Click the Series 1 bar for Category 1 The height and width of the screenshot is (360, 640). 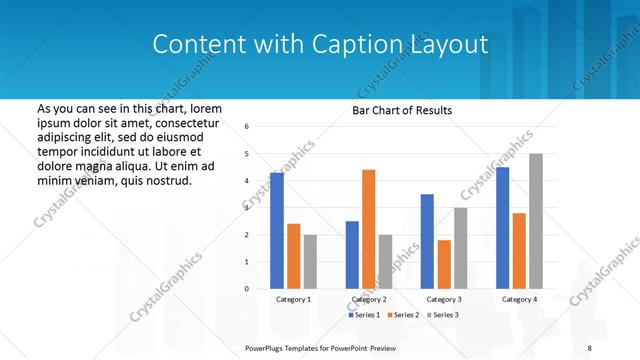coord(277,231)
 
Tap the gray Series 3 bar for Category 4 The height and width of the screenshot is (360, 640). coord(536,221)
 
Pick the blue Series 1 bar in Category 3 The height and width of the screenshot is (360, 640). coord(427,241)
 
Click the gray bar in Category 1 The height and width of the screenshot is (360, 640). coord(310,262)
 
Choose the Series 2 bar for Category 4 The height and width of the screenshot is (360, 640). coord(519,251)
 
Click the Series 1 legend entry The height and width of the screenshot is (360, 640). coord(365,315)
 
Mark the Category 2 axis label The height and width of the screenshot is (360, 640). coord(369,299)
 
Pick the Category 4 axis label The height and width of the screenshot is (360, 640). coord(519,299)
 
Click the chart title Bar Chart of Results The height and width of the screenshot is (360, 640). coord(403,110)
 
